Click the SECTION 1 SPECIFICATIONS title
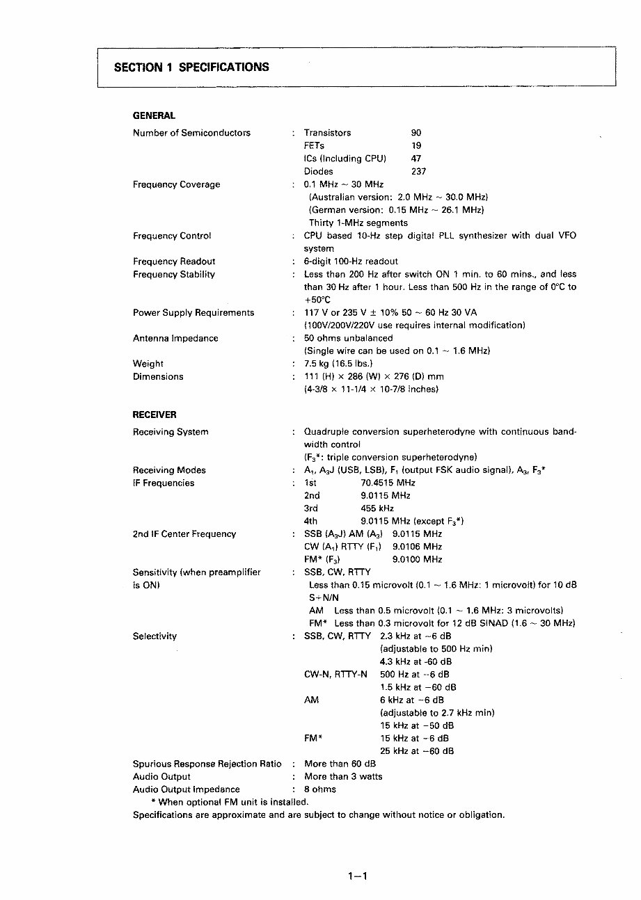[191, 67]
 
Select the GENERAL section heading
[154, 115]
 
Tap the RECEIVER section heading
[155, 415]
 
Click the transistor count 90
[416, 133]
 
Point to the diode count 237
[418, 171]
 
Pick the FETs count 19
[416, 146]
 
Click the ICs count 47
[416, 159]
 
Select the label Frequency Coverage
[176, 184]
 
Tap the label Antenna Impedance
[175, 338]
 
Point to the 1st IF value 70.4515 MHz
[388, 483]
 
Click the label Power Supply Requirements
[193, 313]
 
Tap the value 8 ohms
[320, 789]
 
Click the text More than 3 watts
[343, 776]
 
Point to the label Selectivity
[155, 636]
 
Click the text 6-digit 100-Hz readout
[351, 262]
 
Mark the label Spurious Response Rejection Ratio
[207, 764]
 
